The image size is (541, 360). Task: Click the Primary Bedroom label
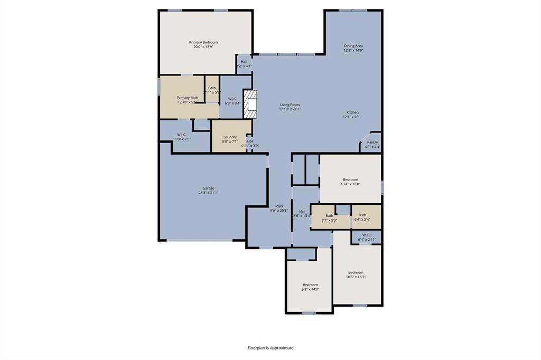click(203, 42)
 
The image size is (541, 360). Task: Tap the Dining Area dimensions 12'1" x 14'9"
click(353, 51)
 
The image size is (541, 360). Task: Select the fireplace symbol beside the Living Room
click(249, 104)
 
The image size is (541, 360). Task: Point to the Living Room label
click(290, 105)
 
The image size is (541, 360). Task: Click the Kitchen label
click(352, 112)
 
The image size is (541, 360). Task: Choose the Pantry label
click(372, 142)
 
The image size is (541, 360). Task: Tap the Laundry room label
click(230, 137)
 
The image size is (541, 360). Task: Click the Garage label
click(208, 188)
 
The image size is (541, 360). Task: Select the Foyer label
click(278, 206)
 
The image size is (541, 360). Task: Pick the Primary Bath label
click(188, 97)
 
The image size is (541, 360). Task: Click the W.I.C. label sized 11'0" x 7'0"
click(181, 134)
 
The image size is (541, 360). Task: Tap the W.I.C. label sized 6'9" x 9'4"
click(232, 99)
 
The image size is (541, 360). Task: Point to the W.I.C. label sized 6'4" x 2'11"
click(367, 235)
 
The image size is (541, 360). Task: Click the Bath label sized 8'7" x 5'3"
click(329, 215)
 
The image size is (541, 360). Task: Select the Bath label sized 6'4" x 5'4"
click(362, 215)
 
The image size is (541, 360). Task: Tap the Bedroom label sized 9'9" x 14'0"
click(310, 285)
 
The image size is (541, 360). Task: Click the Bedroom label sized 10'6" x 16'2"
click(356, 272)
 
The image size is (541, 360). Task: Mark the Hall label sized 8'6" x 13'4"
click(302, 211)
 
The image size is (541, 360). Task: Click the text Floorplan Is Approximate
click(270, 348)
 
